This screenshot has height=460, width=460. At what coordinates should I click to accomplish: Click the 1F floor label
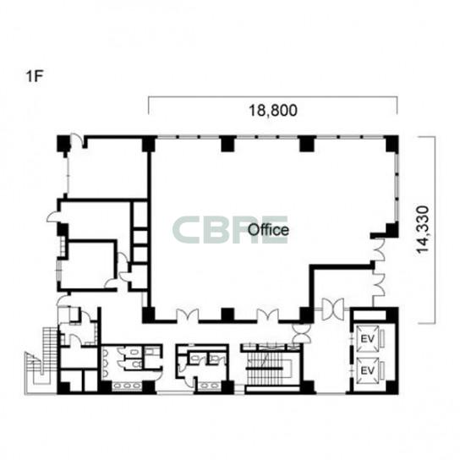point(35,77)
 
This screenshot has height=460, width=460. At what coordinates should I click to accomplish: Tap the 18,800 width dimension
point(273,111)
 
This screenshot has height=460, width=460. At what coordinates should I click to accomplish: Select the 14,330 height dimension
point(423,229)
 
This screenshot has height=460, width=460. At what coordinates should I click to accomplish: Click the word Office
point(268,230)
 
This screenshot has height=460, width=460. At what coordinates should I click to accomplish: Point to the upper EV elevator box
point(367,339)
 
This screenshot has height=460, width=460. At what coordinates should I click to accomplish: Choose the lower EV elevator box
point(367,370)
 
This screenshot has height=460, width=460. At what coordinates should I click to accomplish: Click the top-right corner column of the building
point(392,144)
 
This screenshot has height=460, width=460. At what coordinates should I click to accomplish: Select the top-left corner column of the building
point(63,144)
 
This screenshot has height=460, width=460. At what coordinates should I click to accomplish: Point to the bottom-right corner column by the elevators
point(392,387)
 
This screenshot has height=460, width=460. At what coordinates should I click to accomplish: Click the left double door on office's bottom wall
point(188,316)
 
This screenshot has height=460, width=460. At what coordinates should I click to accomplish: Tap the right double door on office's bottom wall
point(267,316)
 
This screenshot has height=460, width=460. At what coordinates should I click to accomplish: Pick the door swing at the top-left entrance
point(77,140)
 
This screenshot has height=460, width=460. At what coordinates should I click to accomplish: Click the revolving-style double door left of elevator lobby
point(332,309)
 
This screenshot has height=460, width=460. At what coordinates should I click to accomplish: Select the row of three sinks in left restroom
point(127,386)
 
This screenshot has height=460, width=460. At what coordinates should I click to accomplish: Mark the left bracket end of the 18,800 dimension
point(149,105)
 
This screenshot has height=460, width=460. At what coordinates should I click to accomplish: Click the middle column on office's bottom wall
point(227,315)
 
